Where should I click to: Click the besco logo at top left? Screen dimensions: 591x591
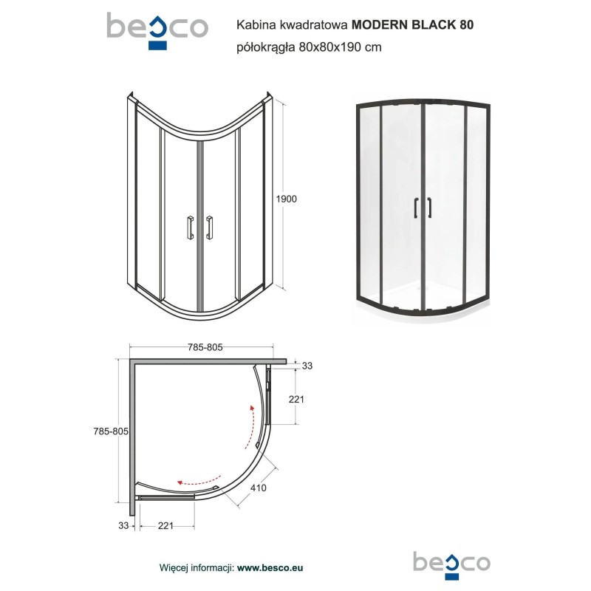(157, 31)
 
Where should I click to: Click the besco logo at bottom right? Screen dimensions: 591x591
(452, 565)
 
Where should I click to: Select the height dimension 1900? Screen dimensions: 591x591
(287, 199)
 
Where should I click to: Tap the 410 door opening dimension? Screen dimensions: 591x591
(258, 488)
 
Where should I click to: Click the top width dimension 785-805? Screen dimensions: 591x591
(205, 347)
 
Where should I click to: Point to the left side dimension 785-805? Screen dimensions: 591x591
(111, 431)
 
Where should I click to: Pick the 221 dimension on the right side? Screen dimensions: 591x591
(296, 399)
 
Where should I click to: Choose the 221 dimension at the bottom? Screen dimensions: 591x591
(165, 525)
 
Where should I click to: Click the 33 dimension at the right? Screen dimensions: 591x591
(307, 366)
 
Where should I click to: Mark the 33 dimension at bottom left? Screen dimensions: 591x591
(123, 525)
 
